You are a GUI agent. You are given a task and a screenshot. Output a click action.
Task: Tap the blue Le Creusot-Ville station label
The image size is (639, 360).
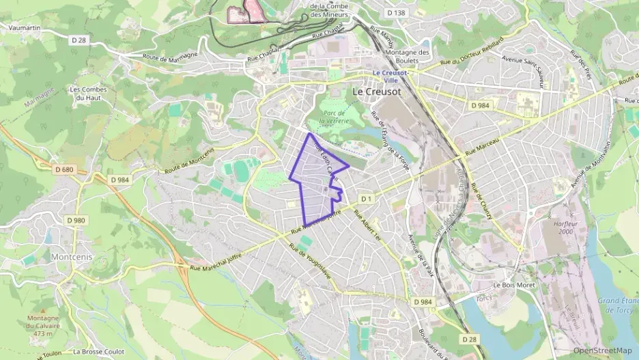(x=390, y=76)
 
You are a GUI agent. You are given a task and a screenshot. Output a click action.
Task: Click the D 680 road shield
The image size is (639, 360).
(x=63, y=169)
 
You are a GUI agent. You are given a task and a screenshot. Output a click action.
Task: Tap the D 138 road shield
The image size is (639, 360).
(x=395, y=13)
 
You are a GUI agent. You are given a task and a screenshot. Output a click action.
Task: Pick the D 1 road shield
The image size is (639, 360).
(x=367, y=199)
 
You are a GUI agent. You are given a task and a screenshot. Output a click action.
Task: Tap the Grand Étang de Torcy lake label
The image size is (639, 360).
(x=619, y=305)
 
